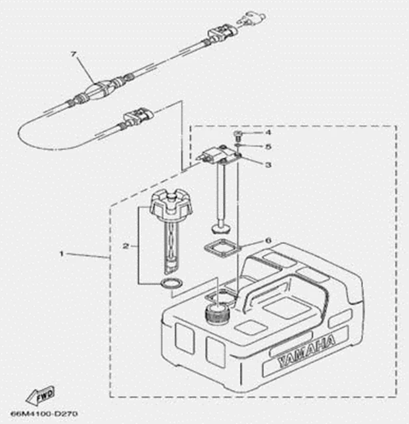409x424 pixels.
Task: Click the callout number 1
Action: [62, 254]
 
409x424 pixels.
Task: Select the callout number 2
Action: [125, 246]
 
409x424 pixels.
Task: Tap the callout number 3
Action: [268, 164]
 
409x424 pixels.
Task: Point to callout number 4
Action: [268, 133]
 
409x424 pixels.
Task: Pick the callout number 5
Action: [268, 147]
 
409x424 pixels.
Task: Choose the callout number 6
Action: [268, 240]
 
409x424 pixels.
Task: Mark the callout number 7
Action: [74, 54]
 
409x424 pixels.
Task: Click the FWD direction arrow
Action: [40, 395]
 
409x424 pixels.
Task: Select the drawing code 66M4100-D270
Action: [44, 414]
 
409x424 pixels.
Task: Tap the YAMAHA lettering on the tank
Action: [306, 351]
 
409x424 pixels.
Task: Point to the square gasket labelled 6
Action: [221, 247]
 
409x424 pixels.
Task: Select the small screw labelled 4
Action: [237, 135]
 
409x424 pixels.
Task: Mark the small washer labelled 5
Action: [237, 146]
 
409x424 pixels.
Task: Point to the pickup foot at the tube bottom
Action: [222, 227]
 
